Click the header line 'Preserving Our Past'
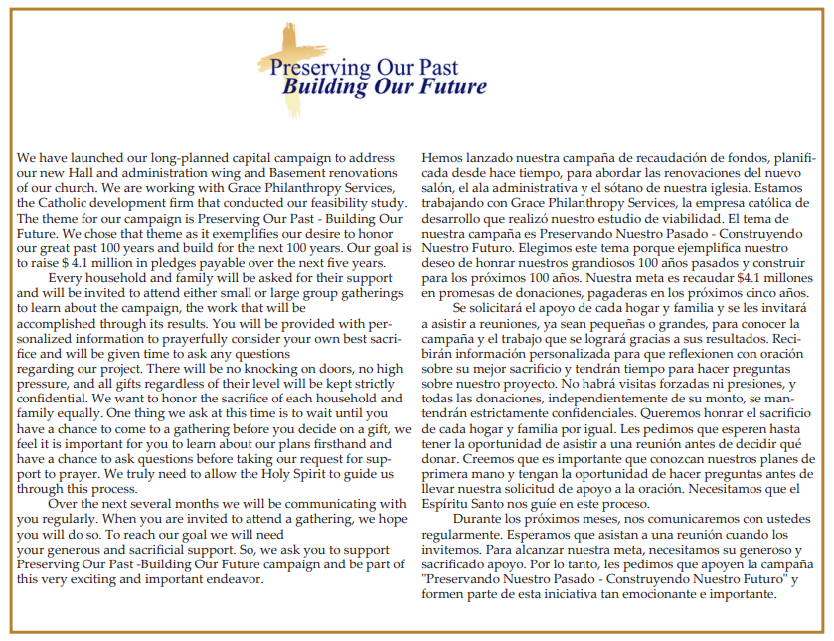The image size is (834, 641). click(364, 69)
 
